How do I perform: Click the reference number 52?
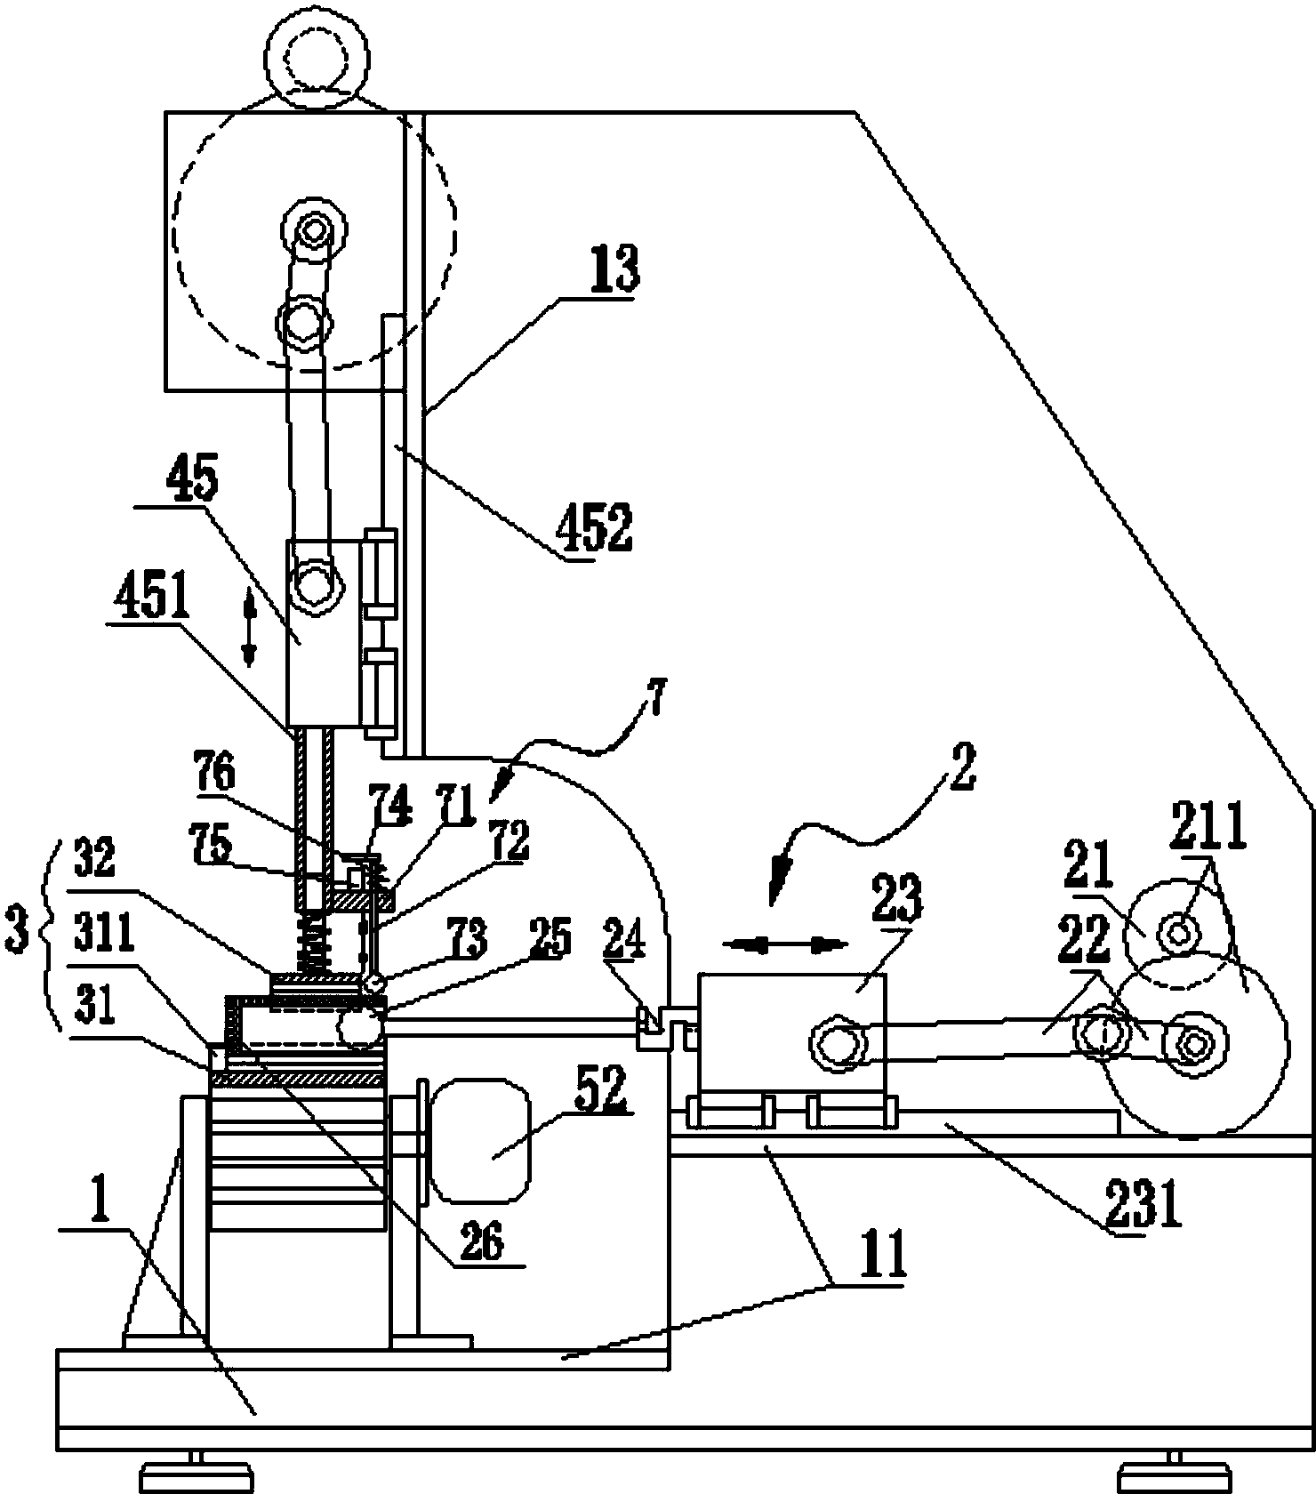click(x=600, y=1090)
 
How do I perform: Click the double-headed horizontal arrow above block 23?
click(x=783, y=944)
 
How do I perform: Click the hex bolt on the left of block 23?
click(x=833, y=1042)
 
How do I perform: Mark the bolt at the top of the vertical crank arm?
click(x=312, y=231)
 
